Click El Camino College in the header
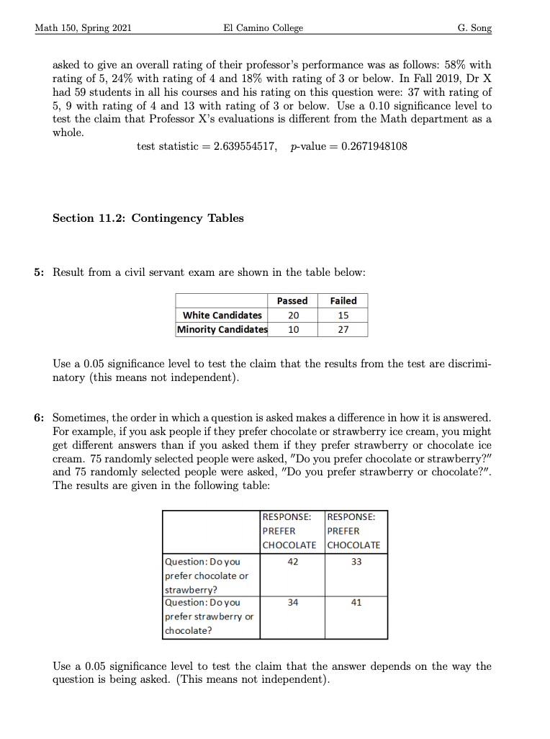tap(263, 28)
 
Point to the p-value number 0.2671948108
tap(368, 146)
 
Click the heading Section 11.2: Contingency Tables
tap(148, 218)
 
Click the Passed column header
tap(292, 300)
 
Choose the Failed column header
tap(343, 300)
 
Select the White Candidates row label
tap(222, 315)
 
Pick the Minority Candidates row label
tap(222, 329)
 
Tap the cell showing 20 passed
tap(292, 315)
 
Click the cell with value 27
tap(343, 329)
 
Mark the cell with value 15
tap(343, 315)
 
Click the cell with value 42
tap(292, 562)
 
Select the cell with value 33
tap(356, 562)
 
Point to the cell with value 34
tap(292, 603)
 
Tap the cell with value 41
tap(356, 603)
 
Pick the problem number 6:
tap(39, 418)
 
